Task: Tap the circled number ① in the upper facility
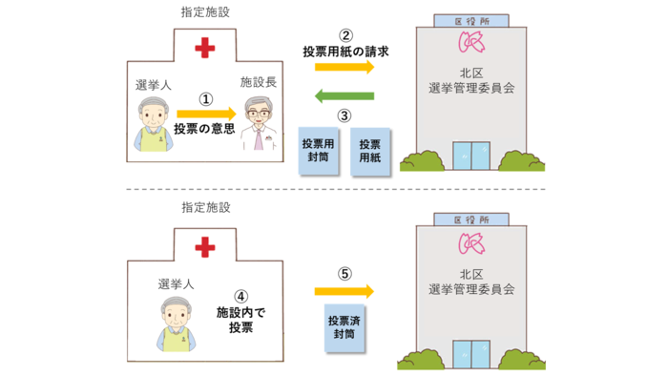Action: click(x=204, y=97)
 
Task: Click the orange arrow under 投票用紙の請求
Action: click(x=344, y=66)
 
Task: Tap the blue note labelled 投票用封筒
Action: click(x=320, y=151)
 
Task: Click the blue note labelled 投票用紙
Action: click(x=369, y=151)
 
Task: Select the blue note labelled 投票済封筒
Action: click(x=343, y=327)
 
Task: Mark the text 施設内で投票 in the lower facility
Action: click(x=241, y=320)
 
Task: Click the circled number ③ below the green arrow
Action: click(x=344, y=115)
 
